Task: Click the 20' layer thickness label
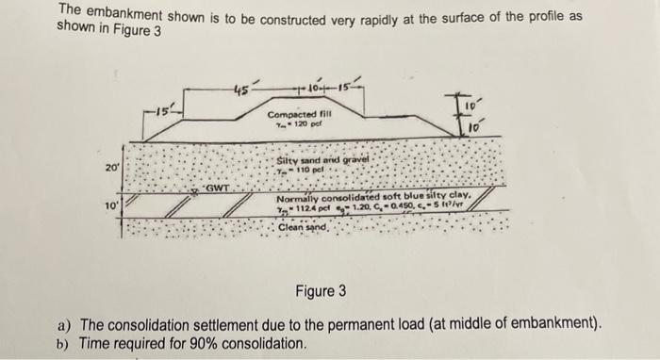click(112, 167)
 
